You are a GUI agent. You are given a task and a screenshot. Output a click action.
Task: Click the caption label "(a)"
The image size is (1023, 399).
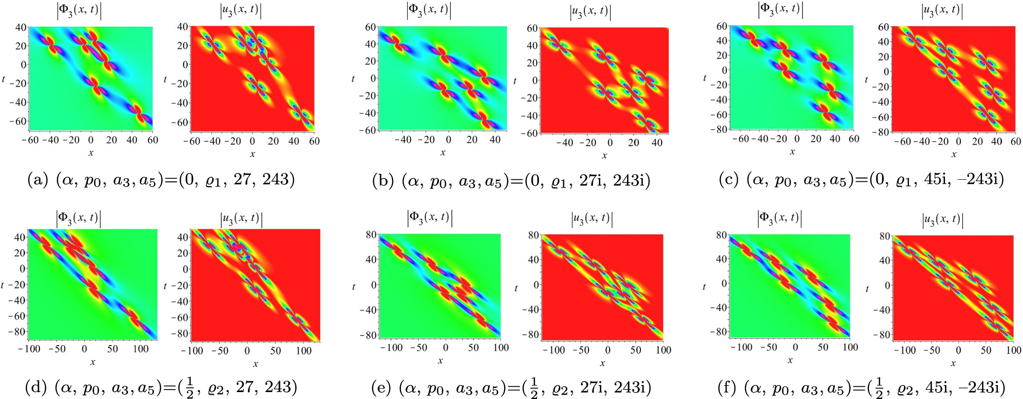click(38, 180)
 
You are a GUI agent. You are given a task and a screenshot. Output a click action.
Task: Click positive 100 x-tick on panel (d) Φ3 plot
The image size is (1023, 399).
click(141, 349)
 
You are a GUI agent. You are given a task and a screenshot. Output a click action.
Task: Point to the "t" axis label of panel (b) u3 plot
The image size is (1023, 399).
click(515, 80)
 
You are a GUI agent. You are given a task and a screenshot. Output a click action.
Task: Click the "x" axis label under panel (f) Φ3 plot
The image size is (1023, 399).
click(790, 360)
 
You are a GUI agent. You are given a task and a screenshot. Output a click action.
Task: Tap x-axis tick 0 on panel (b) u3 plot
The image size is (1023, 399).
click(610, 143)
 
